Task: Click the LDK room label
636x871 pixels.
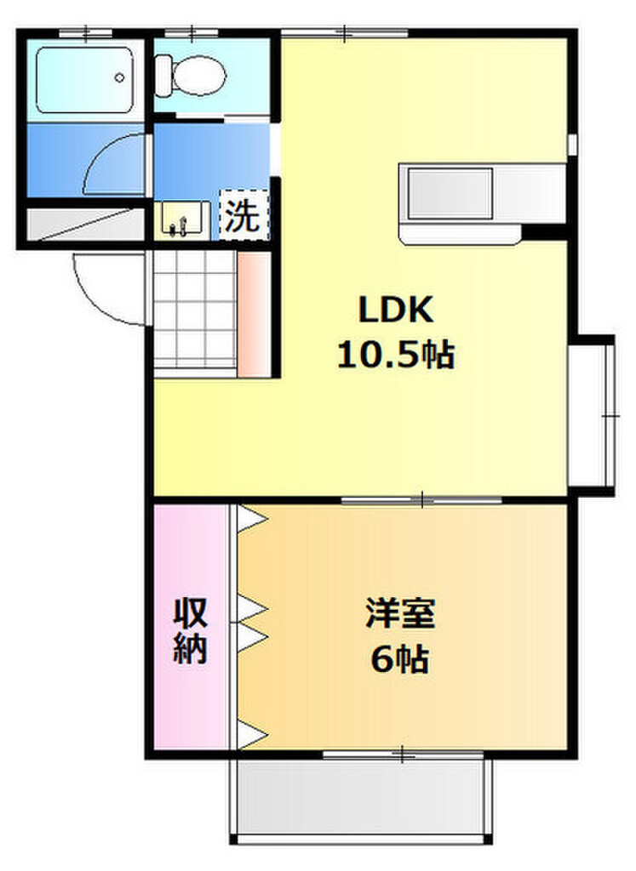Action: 396,310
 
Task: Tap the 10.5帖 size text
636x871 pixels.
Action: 396,355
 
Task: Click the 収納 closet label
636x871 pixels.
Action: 192,630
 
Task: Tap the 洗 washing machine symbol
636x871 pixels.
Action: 243,216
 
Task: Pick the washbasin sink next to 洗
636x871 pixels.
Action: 182,218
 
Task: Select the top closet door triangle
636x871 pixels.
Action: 250,519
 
